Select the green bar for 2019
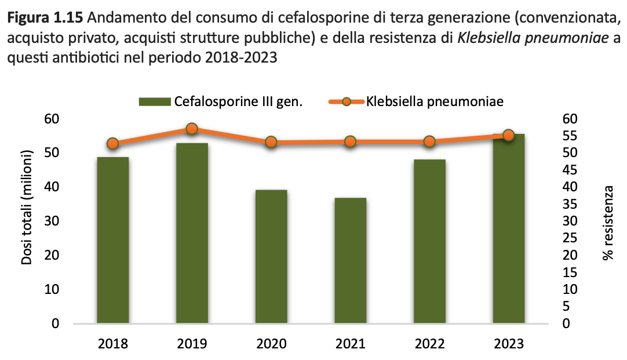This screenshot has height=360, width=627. tap(192, 232)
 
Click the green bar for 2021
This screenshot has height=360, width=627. tap(350, 260)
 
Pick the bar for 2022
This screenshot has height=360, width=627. tap(429, 241)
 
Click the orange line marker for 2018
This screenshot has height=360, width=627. tap(113, 144)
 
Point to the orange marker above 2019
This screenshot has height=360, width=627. tap(192, 129)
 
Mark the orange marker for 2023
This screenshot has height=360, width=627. tap(508, 136)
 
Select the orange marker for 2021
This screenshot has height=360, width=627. tap(350, 141)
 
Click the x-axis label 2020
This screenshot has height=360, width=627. tap(271, 344)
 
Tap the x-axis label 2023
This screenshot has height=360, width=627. tap(508, 344)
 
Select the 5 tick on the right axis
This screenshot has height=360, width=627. tap(565, 306)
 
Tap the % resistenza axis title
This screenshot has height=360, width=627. tap(608, 223)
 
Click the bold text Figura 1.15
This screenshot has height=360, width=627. tap(42, 19)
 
